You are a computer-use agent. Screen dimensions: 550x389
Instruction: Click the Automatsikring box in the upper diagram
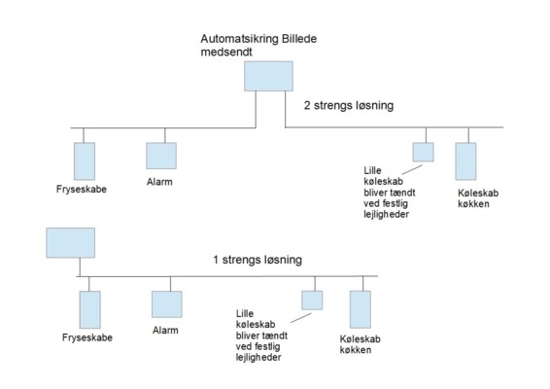point(269,76)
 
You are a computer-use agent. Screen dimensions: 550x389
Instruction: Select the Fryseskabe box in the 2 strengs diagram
point(85,161)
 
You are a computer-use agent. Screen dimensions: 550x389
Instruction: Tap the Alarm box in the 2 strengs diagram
point(161,156)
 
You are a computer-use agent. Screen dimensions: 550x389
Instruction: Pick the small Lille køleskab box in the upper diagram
point(423,152)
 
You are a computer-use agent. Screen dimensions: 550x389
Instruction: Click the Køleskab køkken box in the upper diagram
point(465,161)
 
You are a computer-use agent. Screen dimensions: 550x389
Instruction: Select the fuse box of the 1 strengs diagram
point(71,243)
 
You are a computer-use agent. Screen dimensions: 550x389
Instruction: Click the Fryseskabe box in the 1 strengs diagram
point(90,309)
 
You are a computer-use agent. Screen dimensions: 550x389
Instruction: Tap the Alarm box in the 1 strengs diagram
point(167,304)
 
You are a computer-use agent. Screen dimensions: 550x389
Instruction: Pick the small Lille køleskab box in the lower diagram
point(312,301)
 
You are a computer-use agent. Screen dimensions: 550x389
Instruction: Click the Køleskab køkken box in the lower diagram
point(361,309)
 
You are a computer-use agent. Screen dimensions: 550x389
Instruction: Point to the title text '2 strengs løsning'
point(349,105)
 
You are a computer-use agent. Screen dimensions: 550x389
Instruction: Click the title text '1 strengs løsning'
point(258,260)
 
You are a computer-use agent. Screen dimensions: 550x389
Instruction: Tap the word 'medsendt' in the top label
point(226,52)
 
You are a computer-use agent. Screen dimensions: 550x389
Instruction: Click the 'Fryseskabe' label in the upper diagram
point(82,190)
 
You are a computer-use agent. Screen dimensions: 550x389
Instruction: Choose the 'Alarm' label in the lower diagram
point(165,331)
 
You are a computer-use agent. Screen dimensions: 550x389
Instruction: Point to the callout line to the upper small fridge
point(412,169)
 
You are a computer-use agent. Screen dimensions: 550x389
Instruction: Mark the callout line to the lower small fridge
point(301,318)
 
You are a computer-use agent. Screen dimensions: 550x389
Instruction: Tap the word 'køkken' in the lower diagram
point(356,350)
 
